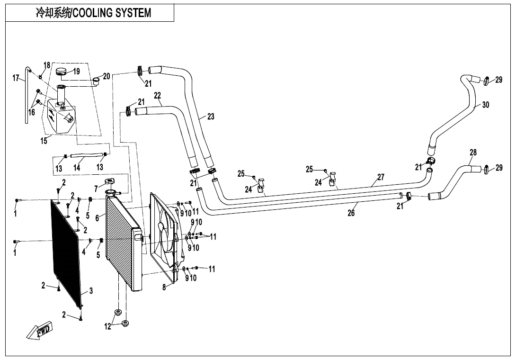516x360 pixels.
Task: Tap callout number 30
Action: point(486,105)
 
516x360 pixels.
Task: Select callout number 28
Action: point(473,153)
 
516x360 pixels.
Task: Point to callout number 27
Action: point(381,177)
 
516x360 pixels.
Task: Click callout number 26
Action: point(351,213)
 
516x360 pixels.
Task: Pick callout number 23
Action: point(211,117)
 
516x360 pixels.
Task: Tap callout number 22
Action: point(158,96)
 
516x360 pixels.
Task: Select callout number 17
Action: point(16,78)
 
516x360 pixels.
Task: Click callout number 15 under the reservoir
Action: point(44,141)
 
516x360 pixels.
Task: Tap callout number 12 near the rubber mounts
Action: point(108,326)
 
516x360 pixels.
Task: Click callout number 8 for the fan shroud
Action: point(164,287)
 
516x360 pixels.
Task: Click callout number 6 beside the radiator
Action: point(97,218)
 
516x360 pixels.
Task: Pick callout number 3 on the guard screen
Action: point(91,291)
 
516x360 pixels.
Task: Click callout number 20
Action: point(107,76)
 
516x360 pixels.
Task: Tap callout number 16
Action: point(32,112)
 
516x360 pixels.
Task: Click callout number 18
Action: point(47,65)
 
